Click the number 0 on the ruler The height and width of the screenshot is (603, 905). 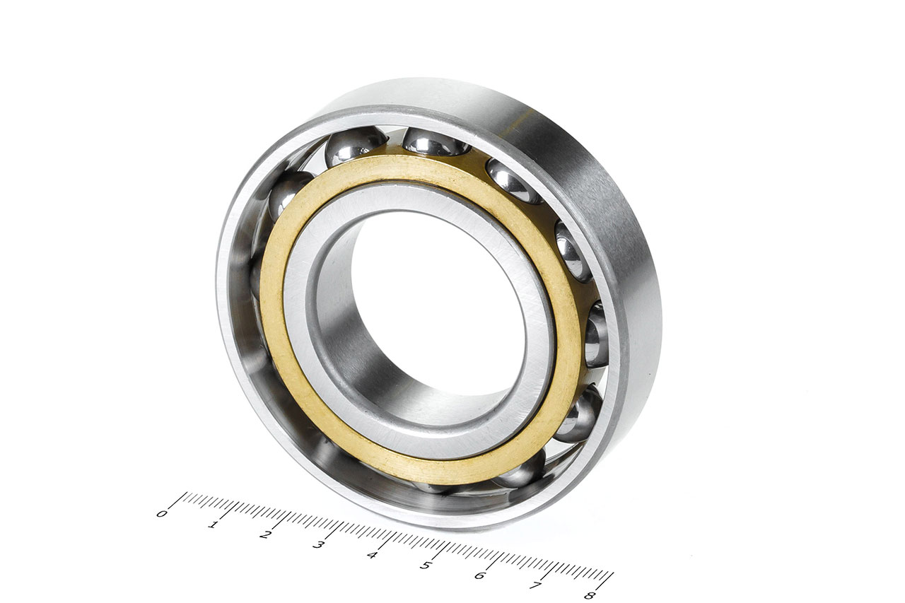tap(161, 514)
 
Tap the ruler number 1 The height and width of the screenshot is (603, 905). tap(213, 525)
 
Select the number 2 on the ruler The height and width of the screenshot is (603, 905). tap(264, 535)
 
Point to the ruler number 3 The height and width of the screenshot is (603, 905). tap(318, 545)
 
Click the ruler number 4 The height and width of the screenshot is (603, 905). tap(372, 555)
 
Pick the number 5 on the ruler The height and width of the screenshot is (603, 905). tap(425, 565)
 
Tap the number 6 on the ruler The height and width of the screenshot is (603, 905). tap(479, 575)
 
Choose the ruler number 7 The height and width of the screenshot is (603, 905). tap(535, 585)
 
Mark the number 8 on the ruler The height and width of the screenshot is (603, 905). tap(590, 595)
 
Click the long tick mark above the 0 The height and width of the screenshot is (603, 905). tap(177, 500)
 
